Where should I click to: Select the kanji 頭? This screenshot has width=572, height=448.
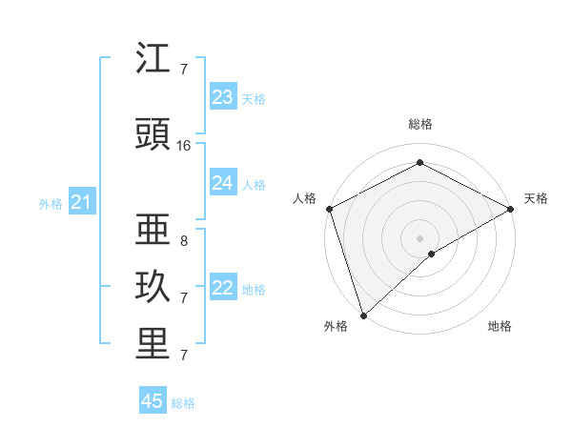click(153, 136)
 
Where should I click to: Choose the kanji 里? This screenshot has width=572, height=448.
click(153, 344)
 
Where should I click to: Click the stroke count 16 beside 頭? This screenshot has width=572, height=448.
click(184, 146)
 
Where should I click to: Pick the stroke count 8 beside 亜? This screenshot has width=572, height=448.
click(184, 241)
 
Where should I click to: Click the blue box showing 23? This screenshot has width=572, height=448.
click(222, 97)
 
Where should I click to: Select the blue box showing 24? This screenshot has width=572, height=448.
click(222, 183)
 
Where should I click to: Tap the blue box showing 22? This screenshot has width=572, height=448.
click(222, 288)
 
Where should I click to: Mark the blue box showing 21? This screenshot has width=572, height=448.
click(81, 202)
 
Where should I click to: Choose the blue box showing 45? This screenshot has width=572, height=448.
click(153, 401)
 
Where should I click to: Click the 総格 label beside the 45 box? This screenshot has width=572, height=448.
click(183, 403)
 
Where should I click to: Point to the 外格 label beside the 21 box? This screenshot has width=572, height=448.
click(51, 203)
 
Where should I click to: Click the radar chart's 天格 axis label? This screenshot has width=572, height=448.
click(536, 198)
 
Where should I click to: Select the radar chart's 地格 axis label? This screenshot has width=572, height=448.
click(500, 326)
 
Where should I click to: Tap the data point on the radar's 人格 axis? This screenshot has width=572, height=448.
click(329, 209)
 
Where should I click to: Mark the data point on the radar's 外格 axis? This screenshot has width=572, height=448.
click(363, 315)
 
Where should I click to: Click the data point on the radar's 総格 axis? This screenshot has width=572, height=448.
click(419, 163)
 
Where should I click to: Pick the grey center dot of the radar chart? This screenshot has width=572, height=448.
click(419, 237)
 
